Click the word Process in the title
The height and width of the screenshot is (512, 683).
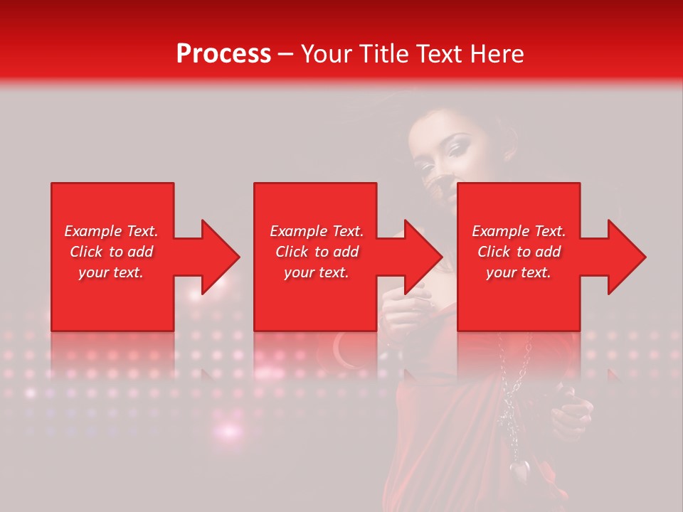[223, 54]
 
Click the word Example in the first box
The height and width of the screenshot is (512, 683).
[93, 231]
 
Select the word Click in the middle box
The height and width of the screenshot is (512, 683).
[291, 252]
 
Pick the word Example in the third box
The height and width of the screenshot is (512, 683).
[501, 231]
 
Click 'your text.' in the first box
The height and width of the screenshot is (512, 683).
[111, 272]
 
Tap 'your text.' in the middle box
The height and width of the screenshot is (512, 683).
[316, 272]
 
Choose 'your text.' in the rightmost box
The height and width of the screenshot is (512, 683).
[519, 272]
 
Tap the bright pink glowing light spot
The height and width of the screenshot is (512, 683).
[229, 430]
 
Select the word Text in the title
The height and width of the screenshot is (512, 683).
[439, 54]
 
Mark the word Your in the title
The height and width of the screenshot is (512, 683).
[326, 54]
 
